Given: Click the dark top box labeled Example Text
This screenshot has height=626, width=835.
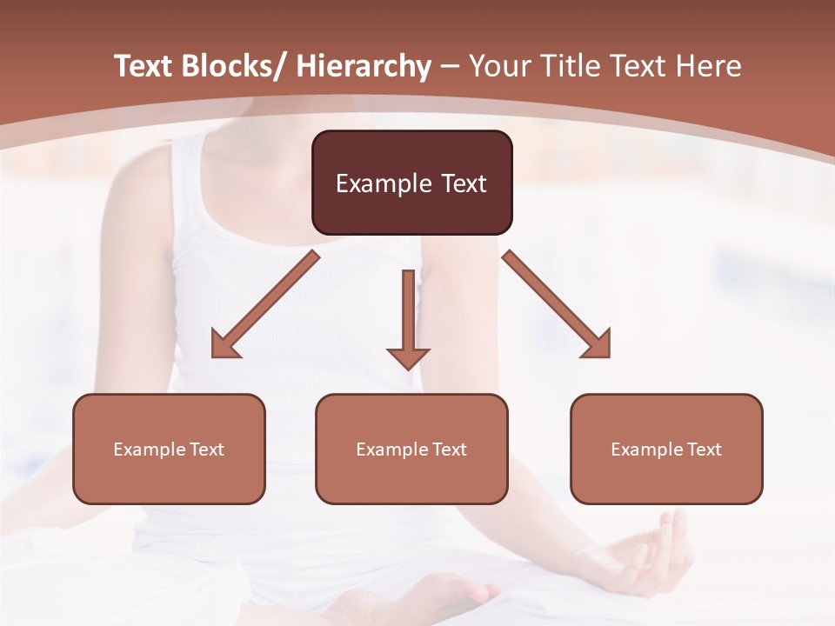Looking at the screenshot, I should click(x=411, y=183).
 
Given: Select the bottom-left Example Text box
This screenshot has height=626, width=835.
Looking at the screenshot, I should click(x=169, y=449).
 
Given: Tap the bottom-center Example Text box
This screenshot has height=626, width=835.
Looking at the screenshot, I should click(x=411, y=449).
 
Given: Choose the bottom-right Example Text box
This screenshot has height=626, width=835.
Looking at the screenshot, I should click(x=666, y=449).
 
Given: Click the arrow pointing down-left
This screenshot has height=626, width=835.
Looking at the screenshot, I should click(x=264, y=305).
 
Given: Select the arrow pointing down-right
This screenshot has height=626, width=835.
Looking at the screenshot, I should click(x=557, y=304).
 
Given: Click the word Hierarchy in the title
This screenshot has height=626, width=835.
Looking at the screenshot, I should click(x=364, y=66).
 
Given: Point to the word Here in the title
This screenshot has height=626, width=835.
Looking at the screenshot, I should click(x=709, y=66).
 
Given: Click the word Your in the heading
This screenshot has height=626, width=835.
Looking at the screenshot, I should click(x=498, y=66).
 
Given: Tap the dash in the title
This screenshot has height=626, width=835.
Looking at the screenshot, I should click(x=450, y=68).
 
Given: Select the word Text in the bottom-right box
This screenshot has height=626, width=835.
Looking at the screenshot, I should click(x=704, y=449).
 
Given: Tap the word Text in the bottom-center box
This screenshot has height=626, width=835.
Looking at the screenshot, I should click(x=449, y=449).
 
